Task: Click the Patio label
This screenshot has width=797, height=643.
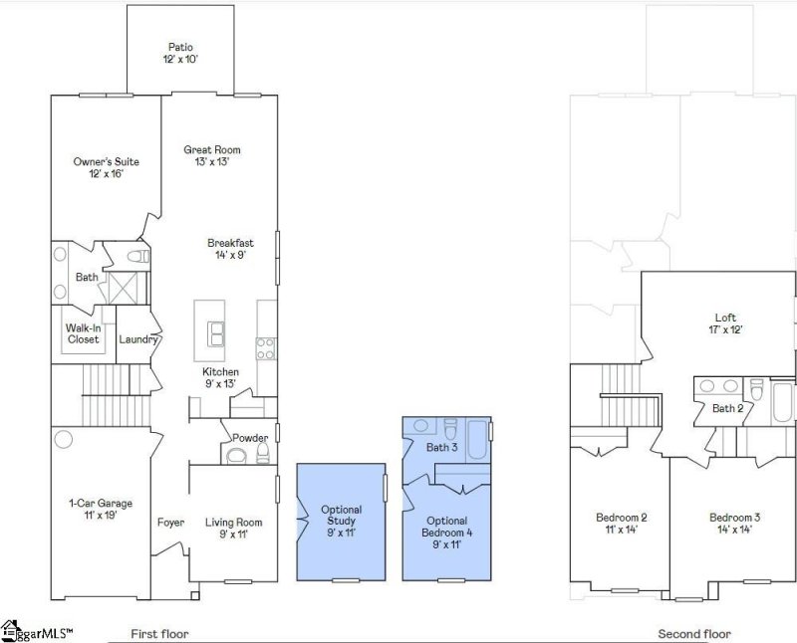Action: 180,54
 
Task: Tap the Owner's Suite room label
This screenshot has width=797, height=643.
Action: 106,167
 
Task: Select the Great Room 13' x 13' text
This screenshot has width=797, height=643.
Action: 211,155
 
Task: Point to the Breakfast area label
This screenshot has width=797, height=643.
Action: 230,249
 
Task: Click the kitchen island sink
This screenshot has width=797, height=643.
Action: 216,331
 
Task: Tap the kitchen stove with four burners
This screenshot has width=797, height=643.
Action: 266,347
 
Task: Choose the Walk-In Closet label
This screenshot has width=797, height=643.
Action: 83,333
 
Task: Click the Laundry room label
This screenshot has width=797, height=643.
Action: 137,339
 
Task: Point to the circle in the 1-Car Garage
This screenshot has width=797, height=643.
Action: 65,439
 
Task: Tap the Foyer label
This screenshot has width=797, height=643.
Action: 170,523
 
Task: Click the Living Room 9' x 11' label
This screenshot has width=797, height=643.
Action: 233,528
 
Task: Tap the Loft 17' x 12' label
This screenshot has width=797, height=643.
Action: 725,323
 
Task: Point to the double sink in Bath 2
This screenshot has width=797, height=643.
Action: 718,387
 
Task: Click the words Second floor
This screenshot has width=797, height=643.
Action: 693,634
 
